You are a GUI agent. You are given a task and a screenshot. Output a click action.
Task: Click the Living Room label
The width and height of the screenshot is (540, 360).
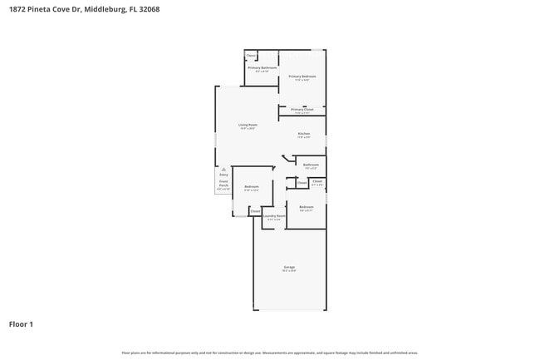[248, 125]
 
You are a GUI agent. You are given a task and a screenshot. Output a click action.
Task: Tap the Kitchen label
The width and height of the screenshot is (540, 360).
[304, 134]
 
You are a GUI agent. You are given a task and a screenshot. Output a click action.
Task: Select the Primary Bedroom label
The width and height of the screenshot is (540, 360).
[302, 76]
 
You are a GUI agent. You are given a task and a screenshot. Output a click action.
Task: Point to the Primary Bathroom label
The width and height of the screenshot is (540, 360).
[262, 67]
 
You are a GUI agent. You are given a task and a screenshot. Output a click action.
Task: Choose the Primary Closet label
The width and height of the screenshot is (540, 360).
[302, 110]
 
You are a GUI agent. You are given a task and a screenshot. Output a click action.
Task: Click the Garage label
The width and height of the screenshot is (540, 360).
[288, 267]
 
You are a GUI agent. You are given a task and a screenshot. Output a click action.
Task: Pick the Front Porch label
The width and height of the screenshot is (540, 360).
[223, 183]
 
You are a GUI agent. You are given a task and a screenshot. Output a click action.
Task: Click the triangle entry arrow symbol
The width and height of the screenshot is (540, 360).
[223, 169]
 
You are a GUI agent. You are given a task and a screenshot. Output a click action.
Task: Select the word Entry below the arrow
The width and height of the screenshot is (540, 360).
[223, 175]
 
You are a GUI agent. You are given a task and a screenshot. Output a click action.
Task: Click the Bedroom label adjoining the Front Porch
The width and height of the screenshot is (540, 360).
[251, 187]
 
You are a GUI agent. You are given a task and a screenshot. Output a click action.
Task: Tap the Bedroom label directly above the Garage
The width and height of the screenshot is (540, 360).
[306, 206]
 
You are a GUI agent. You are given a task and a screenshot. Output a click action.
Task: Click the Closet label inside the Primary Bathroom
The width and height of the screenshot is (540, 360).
[250, 55]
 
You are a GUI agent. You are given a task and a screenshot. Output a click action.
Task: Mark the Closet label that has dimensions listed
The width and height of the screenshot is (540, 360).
[317, 180]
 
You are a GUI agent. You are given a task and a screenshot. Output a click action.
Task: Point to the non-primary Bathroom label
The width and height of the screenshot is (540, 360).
[311, 165]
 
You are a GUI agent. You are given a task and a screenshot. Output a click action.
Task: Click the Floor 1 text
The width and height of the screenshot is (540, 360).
[21, 323]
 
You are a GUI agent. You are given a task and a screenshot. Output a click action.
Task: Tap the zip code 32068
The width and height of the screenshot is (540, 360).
[150, 9]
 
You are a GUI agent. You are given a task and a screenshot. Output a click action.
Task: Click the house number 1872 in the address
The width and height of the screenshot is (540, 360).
[17, 9]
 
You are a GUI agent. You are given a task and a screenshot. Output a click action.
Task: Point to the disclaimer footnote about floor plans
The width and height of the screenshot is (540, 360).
[270, 353]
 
